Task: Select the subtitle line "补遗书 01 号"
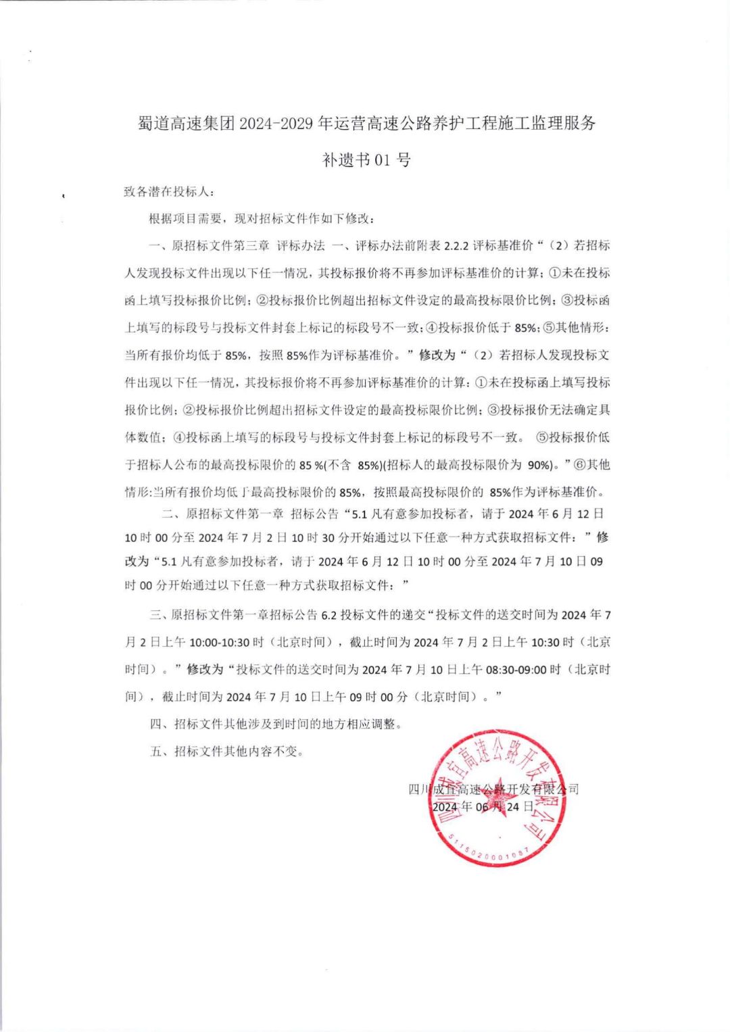(x=366, y=160)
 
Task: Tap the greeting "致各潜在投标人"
(x=168, y=192)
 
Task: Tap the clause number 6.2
(x=328, y=615)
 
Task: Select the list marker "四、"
(x=159, y=724)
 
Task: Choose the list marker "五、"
(x=159, y=751)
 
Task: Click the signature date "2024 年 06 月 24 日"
(x=483, y=806)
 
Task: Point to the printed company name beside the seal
(x=493, y=789)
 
